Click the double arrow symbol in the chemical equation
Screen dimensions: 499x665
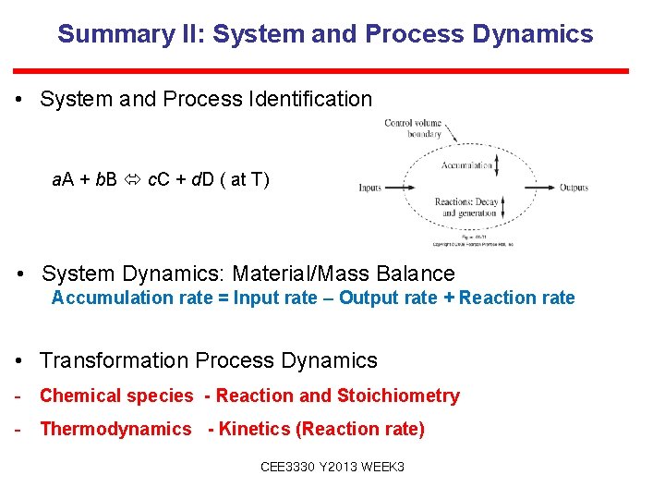click(133, 179)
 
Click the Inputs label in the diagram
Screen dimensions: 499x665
click(370, 188)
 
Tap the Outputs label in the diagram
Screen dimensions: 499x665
click(574, 188)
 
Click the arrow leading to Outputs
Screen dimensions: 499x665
click(541, 188)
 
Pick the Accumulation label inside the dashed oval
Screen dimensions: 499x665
click(466, 166)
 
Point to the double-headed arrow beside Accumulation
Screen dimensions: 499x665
click(498, 166)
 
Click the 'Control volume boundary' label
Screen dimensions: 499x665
click(413, 128)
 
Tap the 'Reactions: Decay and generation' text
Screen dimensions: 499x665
click(465, 207)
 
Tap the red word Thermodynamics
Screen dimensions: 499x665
click(115, 429)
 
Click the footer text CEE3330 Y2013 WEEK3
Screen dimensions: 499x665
click(332, 468)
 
